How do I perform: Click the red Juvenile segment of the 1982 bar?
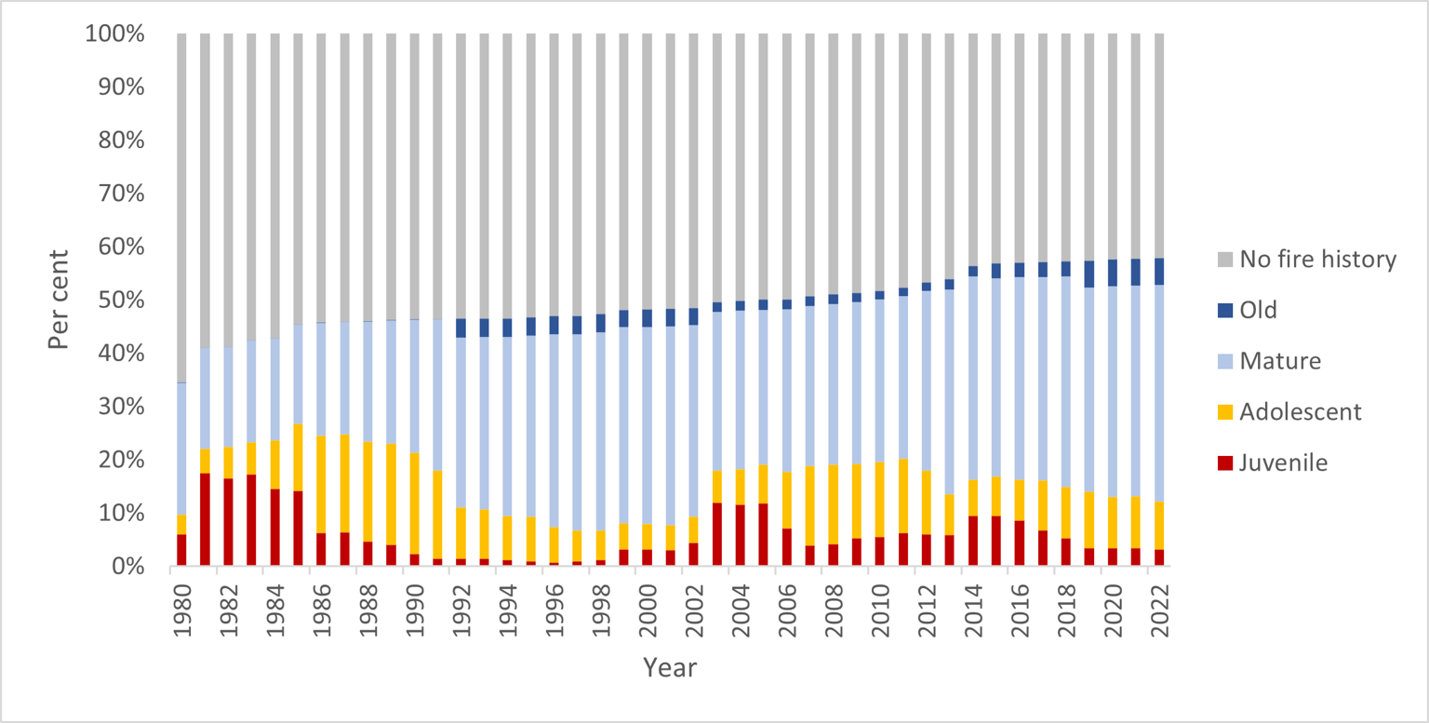(228, 522)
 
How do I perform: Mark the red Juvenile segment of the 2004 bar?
(740, 535)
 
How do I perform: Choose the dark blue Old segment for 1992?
(461, 328)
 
